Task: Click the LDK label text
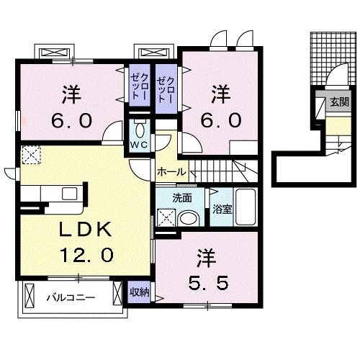click(x=81, y=230)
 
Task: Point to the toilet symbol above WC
click(x=138, y=127)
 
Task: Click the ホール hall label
click(x=171, y=172)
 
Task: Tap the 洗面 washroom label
click(x=181, y=197)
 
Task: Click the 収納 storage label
click(x=140, y=292)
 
